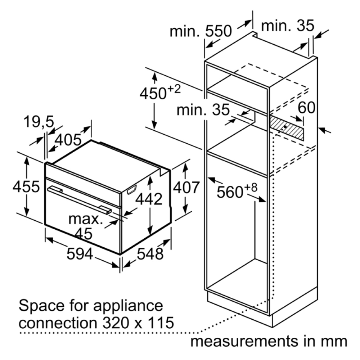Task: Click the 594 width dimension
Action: (x=80, y=254)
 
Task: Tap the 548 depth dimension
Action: (x=150, y=254)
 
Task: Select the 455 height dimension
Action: (x=26, y=186)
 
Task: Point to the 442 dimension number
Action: (x=149, y=199)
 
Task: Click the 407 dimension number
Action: (x=186, y=187)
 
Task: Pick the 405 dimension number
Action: (x=68, y=140)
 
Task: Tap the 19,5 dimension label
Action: (x=39, y=122)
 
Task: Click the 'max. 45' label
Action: (x=85, y=226)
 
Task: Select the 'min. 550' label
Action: (x=201, y=31)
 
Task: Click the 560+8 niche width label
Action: (x=237, y=190)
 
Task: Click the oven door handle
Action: (x=80, y=200)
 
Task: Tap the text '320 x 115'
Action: (x=138, y=323)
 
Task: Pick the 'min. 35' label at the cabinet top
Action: (x=288, y=25)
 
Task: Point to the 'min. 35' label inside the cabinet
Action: (x=203, y=109)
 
